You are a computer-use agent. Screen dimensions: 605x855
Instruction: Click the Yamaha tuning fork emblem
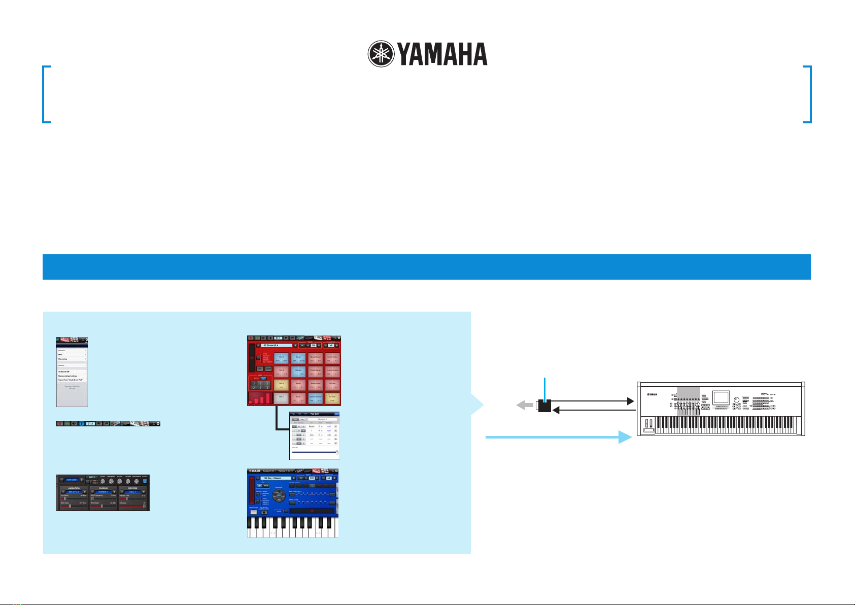pyautogui.click(x=381, y=54)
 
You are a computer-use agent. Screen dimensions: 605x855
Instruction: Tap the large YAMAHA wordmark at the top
pyautogui.click(x=442, y=54)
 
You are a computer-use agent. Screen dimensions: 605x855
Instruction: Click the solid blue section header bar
pyautogui.click(x=426, y=267)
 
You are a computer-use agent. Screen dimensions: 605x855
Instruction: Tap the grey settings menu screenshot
pyautogui.click(x=72, y=372)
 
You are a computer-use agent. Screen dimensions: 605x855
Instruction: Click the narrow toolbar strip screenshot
pyautogui.click(x=108, y=423)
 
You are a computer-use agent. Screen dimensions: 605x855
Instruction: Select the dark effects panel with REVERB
pyautogui.click(x=103, y=492)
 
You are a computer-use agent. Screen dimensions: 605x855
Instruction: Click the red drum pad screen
pyautogui.click(x=294, y=371)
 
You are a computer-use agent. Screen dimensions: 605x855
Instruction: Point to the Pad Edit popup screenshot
pyautogui.click(x=314, y=435)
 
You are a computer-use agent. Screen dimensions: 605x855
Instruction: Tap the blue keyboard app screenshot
pyautogui.click(x=293, y=503)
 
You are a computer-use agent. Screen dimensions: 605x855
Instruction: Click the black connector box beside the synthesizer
pyautogui.click(x=544, y=406)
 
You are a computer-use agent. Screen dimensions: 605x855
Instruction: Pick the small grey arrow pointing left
pyautogui.click(x=525, y=406)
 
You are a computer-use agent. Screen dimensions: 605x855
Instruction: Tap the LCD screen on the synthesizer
pyautogui.click(x=721, y=397)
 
